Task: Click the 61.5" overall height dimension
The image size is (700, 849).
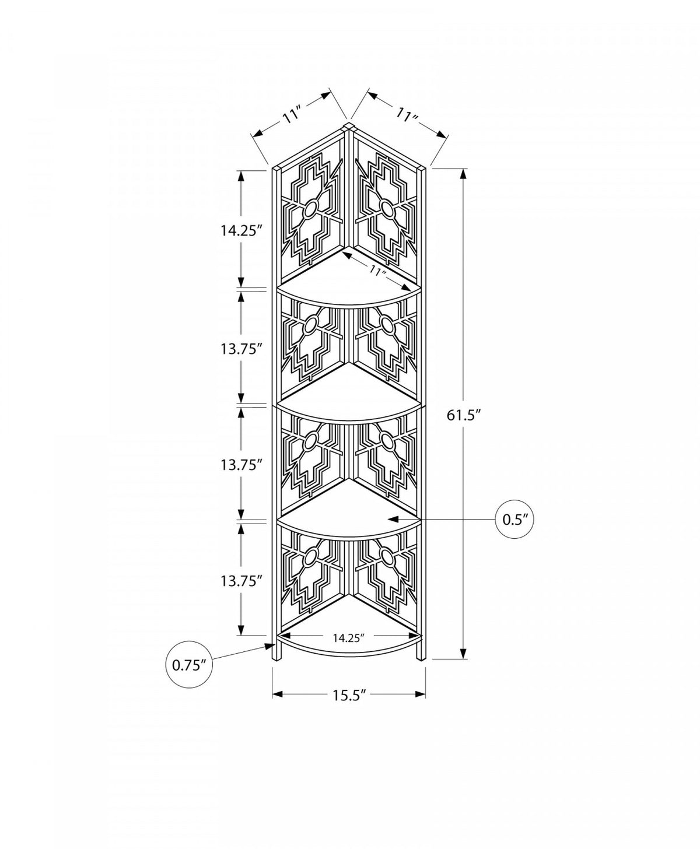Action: coord(464,416)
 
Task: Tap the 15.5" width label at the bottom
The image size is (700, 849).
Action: coord(350,695)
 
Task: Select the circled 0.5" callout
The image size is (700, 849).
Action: coord(514,519)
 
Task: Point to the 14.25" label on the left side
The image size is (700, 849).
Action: coord(240,231)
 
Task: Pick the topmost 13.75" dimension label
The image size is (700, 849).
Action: coord(240,349)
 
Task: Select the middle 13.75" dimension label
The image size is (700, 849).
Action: coord(240,465)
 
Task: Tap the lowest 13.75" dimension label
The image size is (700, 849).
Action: coord(240,581)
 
